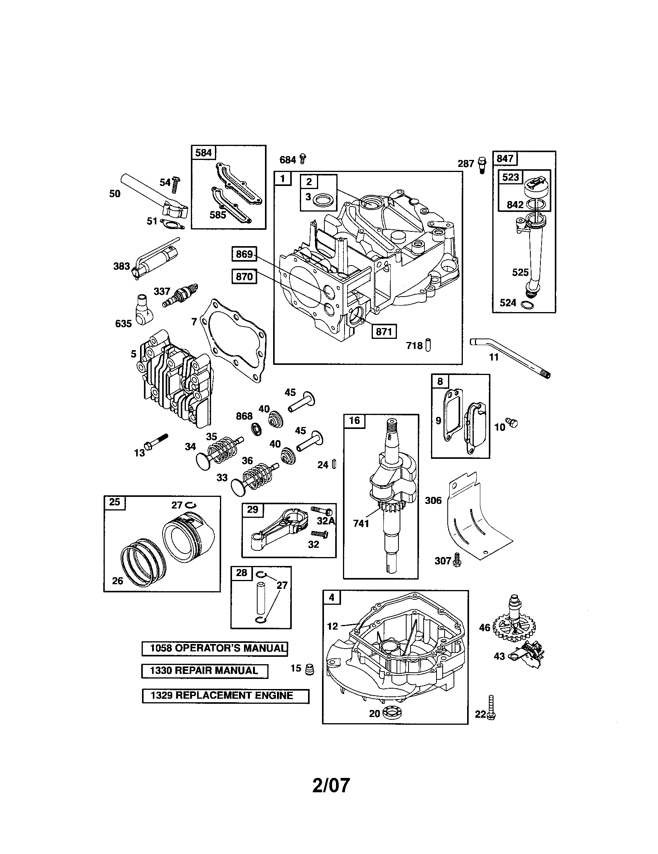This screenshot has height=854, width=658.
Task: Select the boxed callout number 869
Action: click(x=244, y=254)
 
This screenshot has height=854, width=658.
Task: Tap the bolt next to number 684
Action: click(x=303, y=158)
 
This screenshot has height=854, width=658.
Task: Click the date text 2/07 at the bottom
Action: click(x=331, y=785)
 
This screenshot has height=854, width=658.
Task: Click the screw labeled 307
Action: click(x=457, y=561)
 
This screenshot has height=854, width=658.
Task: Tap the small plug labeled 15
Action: click(x=310, y=670)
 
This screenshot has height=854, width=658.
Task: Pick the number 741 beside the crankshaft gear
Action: click(x=361, y=523)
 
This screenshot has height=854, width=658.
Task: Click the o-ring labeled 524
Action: click(x=526, y=304)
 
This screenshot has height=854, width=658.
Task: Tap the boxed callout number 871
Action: click(x=384, y=332)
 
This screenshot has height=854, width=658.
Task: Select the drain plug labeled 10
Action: click(x=511, y=422)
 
